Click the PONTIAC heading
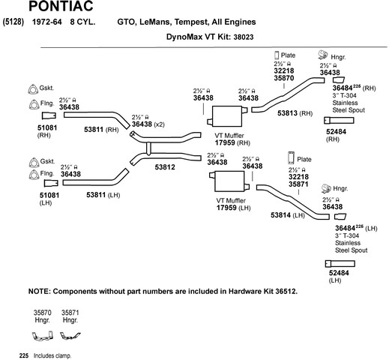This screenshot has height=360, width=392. click(61, 6)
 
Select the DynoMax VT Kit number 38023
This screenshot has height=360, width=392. click(244, 37)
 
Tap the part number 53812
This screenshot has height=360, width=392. click(165, 167)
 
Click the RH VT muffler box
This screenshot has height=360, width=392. click(227, 116)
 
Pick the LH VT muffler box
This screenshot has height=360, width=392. click(229, 181)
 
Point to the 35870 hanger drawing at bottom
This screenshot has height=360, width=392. click(43, 335)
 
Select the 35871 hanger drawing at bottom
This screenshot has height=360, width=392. click(70, 335)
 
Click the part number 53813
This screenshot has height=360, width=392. click(288, 113)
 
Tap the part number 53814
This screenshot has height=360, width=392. click(281, 215)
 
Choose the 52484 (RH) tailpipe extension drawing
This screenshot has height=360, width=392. click(339, 120)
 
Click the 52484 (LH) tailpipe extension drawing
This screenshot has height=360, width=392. click(340, 263)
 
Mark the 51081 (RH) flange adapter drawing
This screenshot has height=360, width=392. click(49, 115)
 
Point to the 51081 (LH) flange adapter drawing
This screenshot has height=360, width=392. click(51, 183)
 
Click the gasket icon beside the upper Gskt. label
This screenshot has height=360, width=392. click(33, 89)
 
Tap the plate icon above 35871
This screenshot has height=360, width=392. click(291, 157)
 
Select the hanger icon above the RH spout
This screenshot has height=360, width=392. click(323, 55)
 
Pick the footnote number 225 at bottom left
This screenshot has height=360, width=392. click(24, 355)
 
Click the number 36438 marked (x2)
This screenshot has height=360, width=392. click(142, 124)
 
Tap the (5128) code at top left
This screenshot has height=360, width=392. click(13, 22)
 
